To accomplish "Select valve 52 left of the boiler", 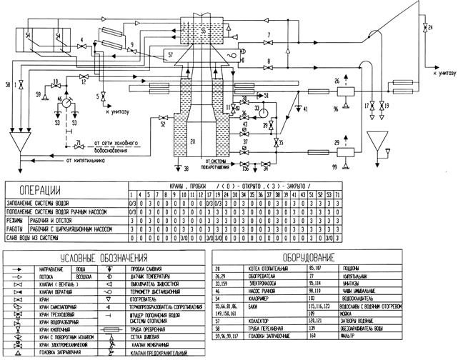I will click(x=164, y=118).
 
